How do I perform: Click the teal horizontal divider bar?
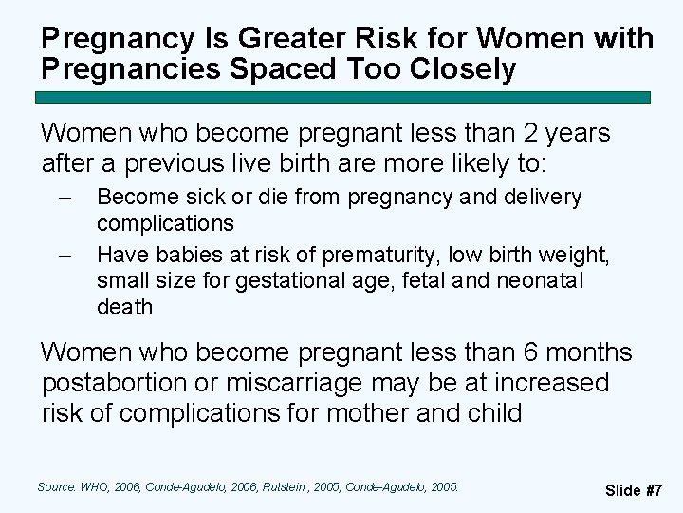click(x=343, y=97)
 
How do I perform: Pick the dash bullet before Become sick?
click(x=65, y=199)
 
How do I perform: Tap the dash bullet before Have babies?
click(x=65, y=256)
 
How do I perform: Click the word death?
click(x=124, y=307)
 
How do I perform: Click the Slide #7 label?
click(x=634, y=490)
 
